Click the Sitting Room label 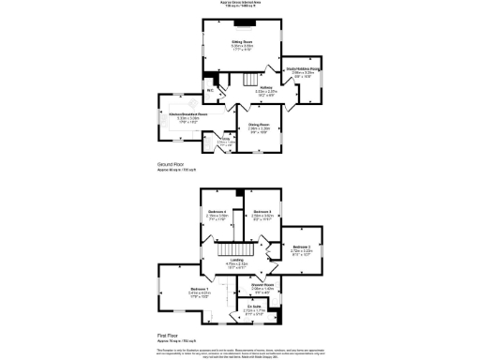243,43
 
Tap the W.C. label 210,91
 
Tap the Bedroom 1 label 199,290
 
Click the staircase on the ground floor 248,82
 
